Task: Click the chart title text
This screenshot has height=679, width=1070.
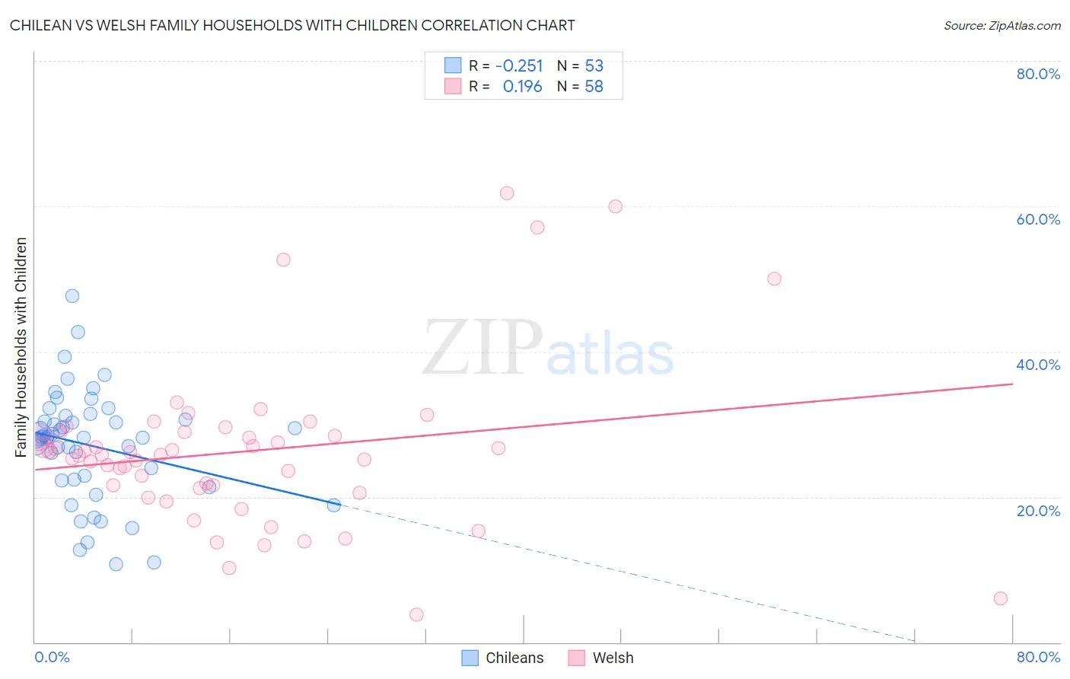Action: [x=292, y=25]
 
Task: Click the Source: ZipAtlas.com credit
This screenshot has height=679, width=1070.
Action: [x=1002, y=25]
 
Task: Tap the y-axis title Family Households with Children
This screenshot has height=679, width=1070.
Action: [x=21, y=347]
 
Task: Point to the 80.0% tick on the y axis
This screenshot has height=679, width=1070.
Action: [x=1038, y=74]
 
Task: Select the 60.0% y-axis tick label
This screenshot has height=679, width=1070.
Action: [x=1038, y=219]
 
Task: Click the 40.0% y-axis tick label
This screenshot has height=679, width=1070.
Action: [x=1038, y=365]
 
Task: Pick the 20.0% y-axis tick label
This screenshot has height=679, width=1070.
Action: [x=1038, y=511]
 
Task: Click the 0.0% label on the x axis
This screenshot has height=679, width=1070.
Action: [x=52, y=657]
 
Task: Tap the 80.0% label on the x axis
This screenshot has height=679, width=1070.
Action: [x=1038, y=657]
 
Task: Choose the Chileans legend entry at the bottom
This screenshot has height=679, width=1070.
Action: [x=502, y=658]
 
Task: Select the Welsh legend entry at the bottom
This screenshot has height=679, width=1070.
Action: [x=600, y=658]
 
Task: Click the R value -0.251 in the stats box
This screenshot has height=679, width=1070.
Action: [x=519, y=66]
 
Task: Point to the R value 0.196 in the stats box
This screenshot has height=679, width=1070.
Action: [x=522, y=87]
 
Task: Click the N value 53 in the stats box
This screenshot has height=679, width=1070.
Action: [x=594, y=66]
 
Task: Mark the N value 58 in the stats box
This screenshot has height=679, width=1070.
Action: [x=594, y=87]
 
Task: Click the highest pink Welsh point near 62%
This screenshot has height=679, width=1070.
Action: [x=507, y=193]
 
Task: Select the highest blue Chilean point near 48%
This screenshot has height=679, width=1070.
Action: [x=72, y=296]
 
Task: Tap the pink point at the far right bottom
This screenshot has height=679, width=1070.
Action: [x=1001, y=598]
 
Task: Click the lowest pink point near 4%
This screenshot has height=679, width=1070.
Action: [x=416, y=614]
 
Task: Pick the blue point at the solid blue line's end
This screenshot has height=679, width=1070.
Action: [x=333, y=505]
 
